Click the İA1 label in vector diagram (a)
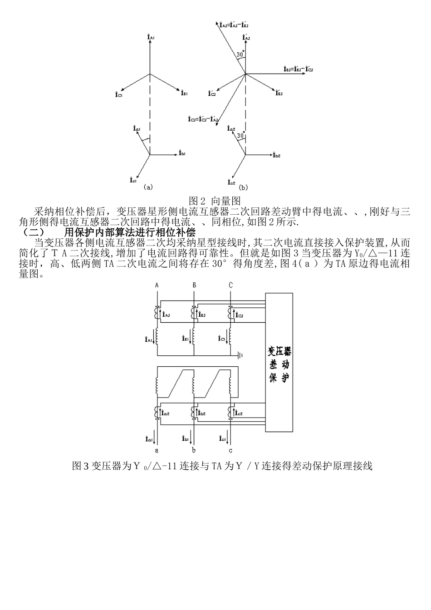[x=152, y=37]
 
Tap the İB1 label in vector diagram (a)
[x=184, y=93]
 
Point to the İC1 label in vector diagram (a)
[x=119, y=94]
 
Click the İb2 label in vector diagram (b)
[x=276, y=156]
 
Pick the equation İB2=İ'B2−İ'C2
[x=298, y=69]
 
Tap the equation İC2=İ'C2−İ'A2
[x=203, y=119]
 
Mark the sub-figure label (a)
[x=148, y=187]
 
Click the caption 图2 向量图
[x=215, y=201]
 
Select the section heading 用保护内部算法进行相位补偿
[x=130, y=232]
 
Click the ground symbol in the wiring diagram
[x=240, y=355]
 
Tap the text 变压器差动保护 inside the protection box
[x=279, y=364]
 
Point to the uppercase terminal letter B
[x=194, y=285]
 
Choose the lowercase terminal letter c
[x=230, y=451]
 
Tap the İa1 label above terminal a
[x=149, y=439]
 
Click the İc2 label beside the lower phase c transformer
[x=239, y=413]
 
